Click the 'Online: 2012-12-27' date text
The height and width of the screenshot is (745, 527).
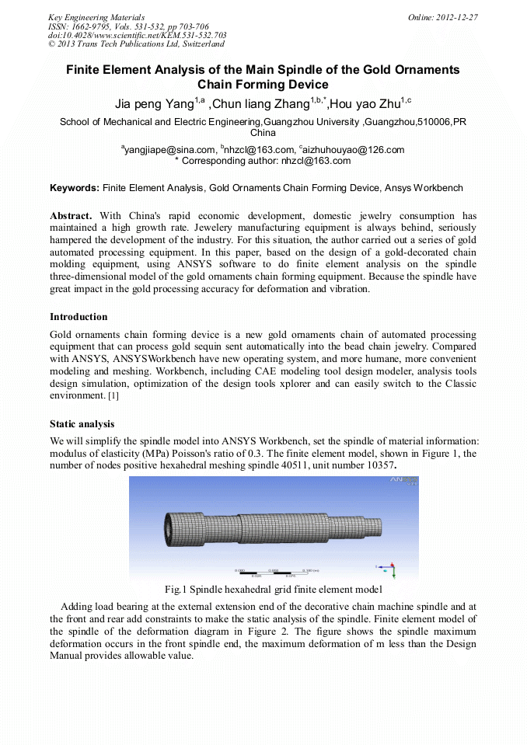click(x=442, y=16)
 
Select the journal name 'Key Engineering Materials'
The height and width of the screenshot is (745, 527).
click(x=96, y=16)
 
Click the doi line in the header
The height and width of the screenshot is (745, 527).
click(x=137, y=35)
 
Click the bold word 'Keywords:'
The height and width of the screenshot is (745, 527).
click(x=75, y=188)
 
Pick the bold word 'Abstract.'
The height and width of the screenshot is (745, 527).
click(x=71, y=215)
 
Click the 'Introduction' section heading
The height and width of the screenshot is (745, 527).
click(x=79, y=317)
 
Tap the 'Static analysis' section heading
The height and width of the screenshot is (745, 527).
click(x=82, y=424)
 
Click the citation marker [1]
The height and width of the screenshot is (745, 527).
click(x=113, y=396)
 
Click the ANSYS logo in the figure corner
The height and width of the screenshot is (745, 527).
click(x=403, y=482)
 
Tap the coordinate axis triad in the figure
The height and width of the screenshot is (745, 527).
click(x=392, y=569)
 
